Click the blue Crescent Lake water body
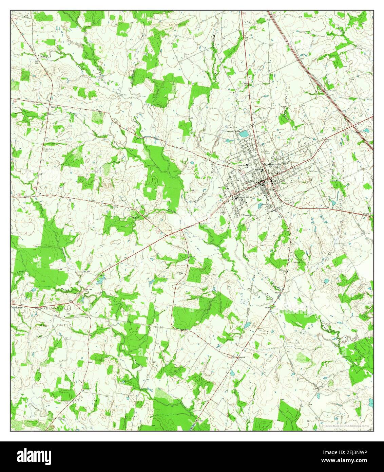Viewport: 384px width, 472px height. [244, 134]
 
